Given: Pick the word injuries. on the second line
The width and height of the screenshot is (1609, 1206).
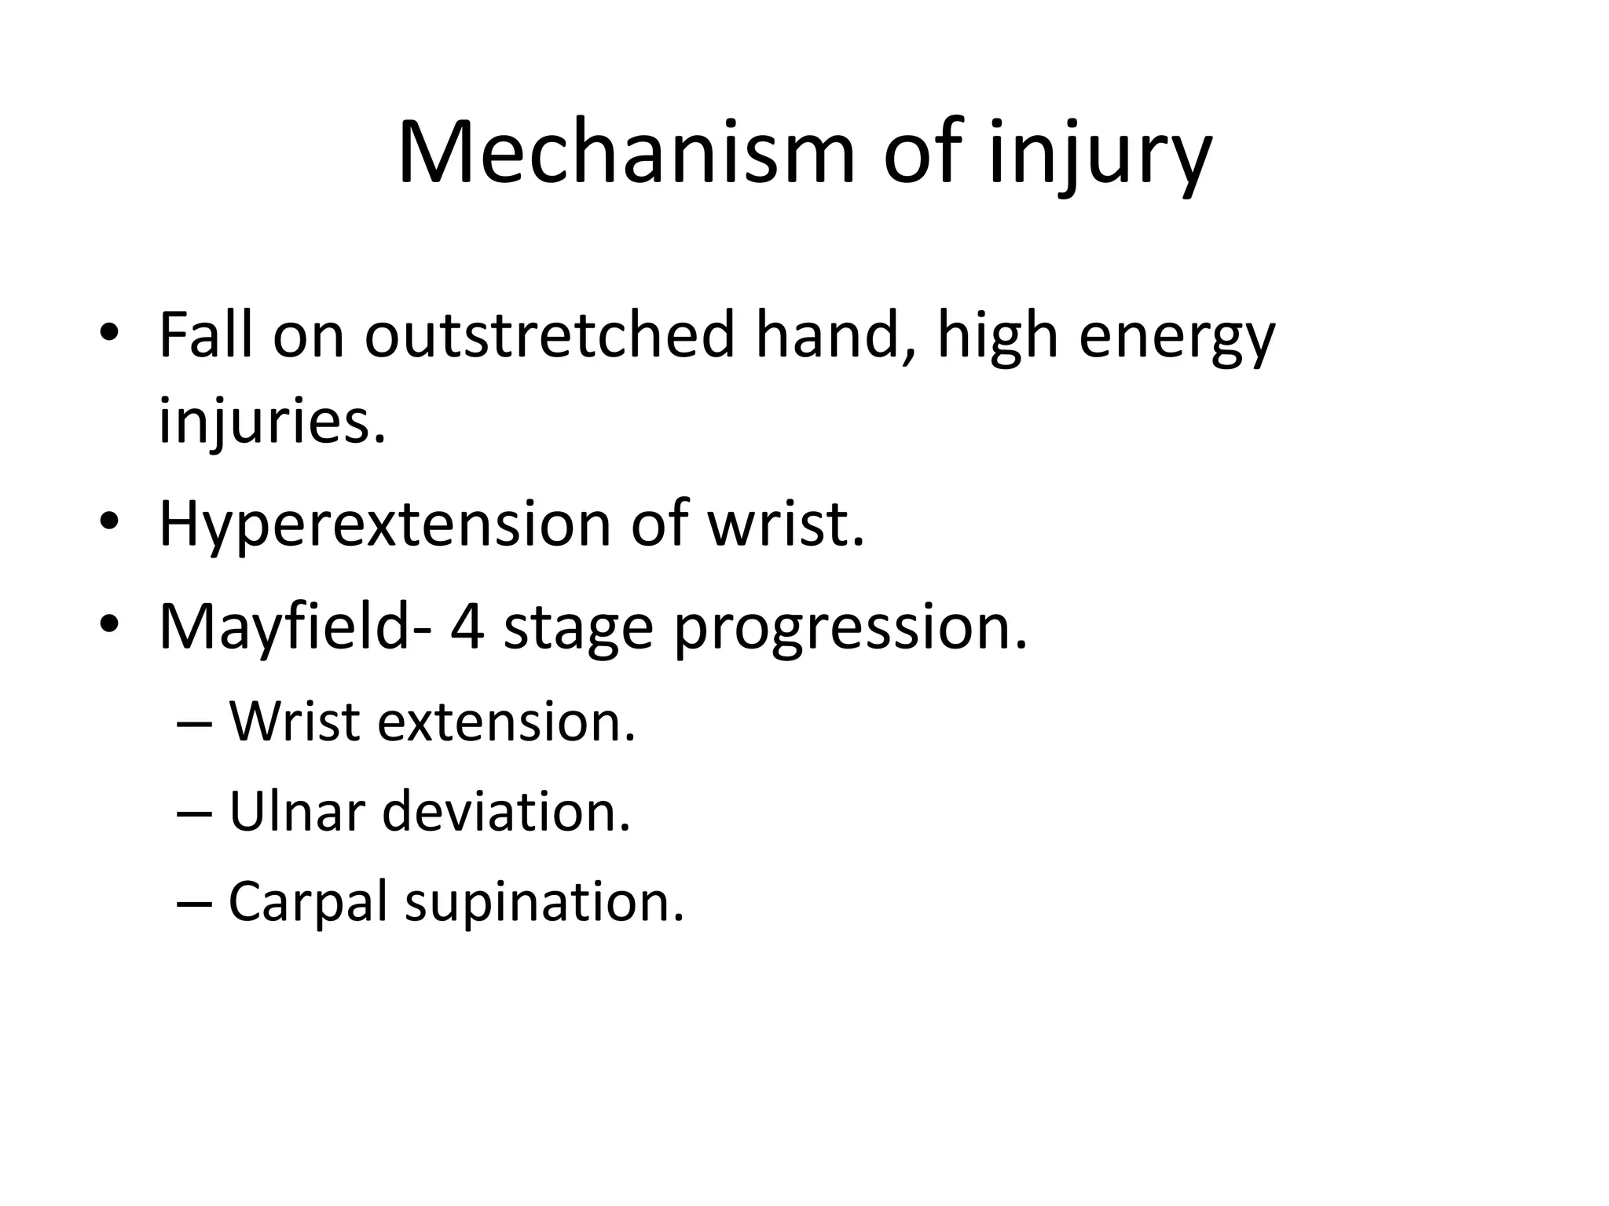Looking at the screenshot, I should (273, 422).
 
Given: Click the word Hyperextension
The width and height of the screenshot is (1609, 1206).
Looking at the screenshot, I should (384, 524).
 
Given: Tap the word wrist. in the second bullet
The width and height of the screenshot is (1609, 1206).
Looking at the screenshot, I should (785, 523).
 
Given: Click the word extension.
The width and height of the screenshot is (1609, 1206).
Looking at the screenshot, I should (506, 721).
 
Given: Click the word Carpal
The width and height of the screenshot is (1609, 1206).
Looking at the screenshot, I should (307, 902).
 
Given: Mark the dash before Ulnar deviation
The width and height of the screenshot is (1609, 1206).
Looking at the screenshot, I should (192, 814).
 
